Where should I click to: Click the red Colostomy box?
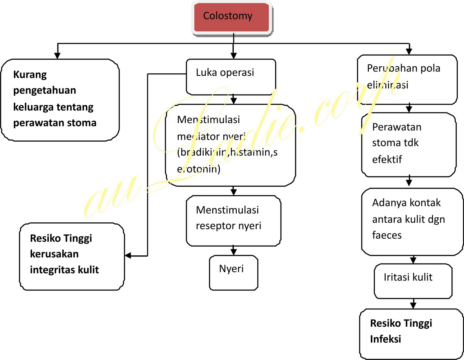(x=231, y=17)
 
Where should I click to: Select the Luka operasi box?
(x=231, y=77)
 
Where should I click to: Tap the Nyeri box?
(x=233, y=272)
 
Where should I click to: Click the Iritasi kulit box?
(x=413, y=281)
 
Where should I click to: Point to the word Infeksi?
(x=385, y=339)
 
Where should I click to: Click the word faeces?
(x=387, y=235)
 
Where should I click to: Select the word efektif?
(x=387, y=159)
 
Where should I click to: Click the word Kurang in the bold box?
(x=30, y=74)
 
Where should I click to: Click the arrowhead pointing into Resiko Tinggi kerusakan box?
(x=128, y=256)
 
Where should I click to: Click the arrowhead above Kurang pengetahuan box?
(x=57, y=56)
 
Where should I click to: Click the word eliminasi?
(x=387, y=85)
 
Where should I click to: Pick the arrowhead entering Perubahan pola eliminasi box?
(x=409, y=51)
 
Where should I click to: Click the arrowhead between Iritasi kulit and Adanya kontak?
(x=413, y=260)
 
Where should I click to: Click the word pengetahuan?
(x=45, y=90)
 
